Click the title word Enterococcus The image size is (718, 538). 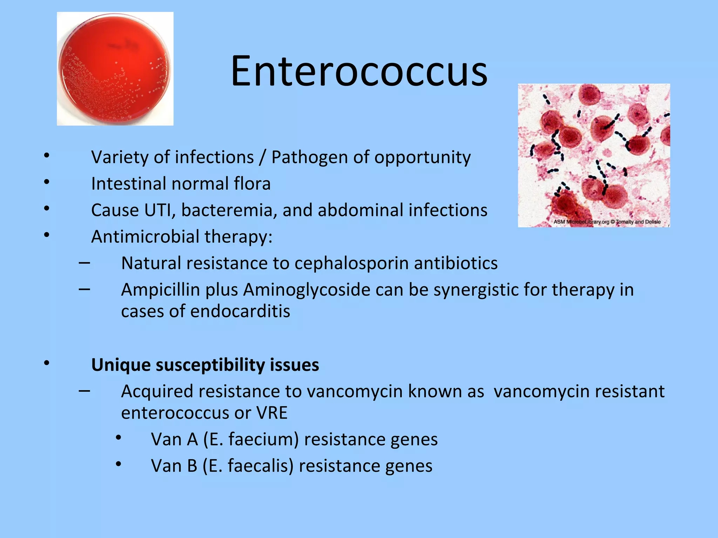(359, 71)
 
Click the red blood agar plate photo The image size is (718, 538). (115, 69)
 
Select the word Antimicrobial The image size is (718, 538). (145, 237)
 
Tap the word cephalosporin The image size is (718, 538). (351, 263)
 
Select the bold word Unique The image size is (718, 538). (121, 365)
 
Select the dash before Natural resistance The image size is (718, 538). (84, 263)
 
